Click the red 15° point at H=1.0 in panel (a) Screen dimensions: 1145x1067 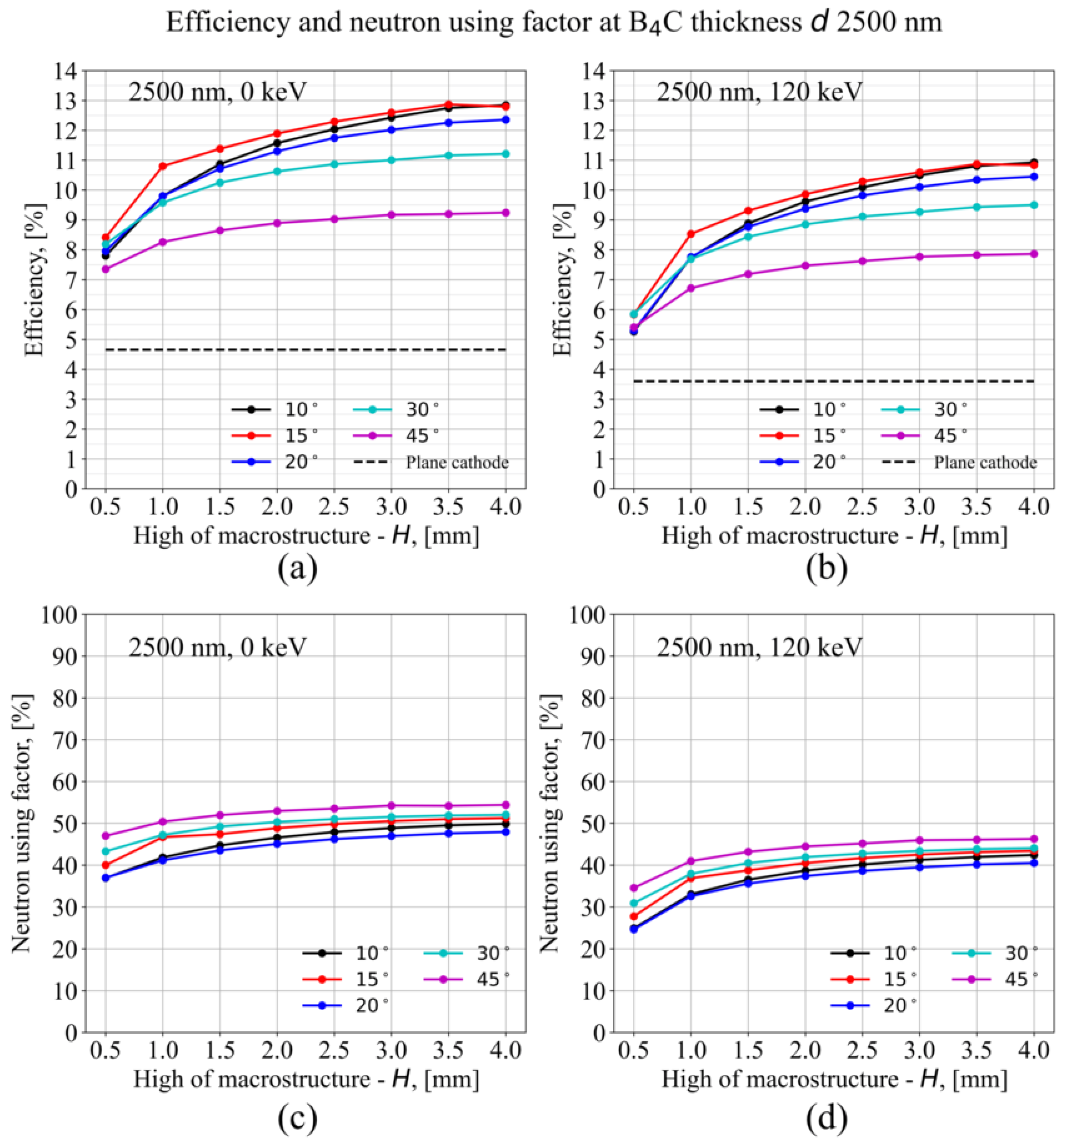tap(162, 166)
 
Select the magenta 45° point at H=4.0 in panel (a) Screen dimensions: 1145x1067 tap(506, 213)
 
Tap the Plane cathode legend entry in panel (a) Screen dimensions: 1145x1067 tap(457, 462)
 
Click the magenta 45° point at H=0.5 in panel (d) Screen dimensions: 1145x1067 tap(634, 888)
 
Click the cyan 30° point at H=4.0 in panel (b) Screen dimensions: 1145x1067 tap(1034, 204)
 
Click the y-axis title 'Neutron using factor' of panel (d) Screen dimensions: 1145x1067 tap(550, 824)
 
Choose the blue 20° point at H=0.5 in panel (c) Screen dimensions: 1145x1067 tap(105, 878)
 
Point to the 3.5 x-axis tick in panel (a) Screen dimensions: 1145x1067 tap(448, 507)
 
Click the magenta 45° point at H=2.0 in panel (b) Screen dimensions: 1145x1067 tap(805, 266)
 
